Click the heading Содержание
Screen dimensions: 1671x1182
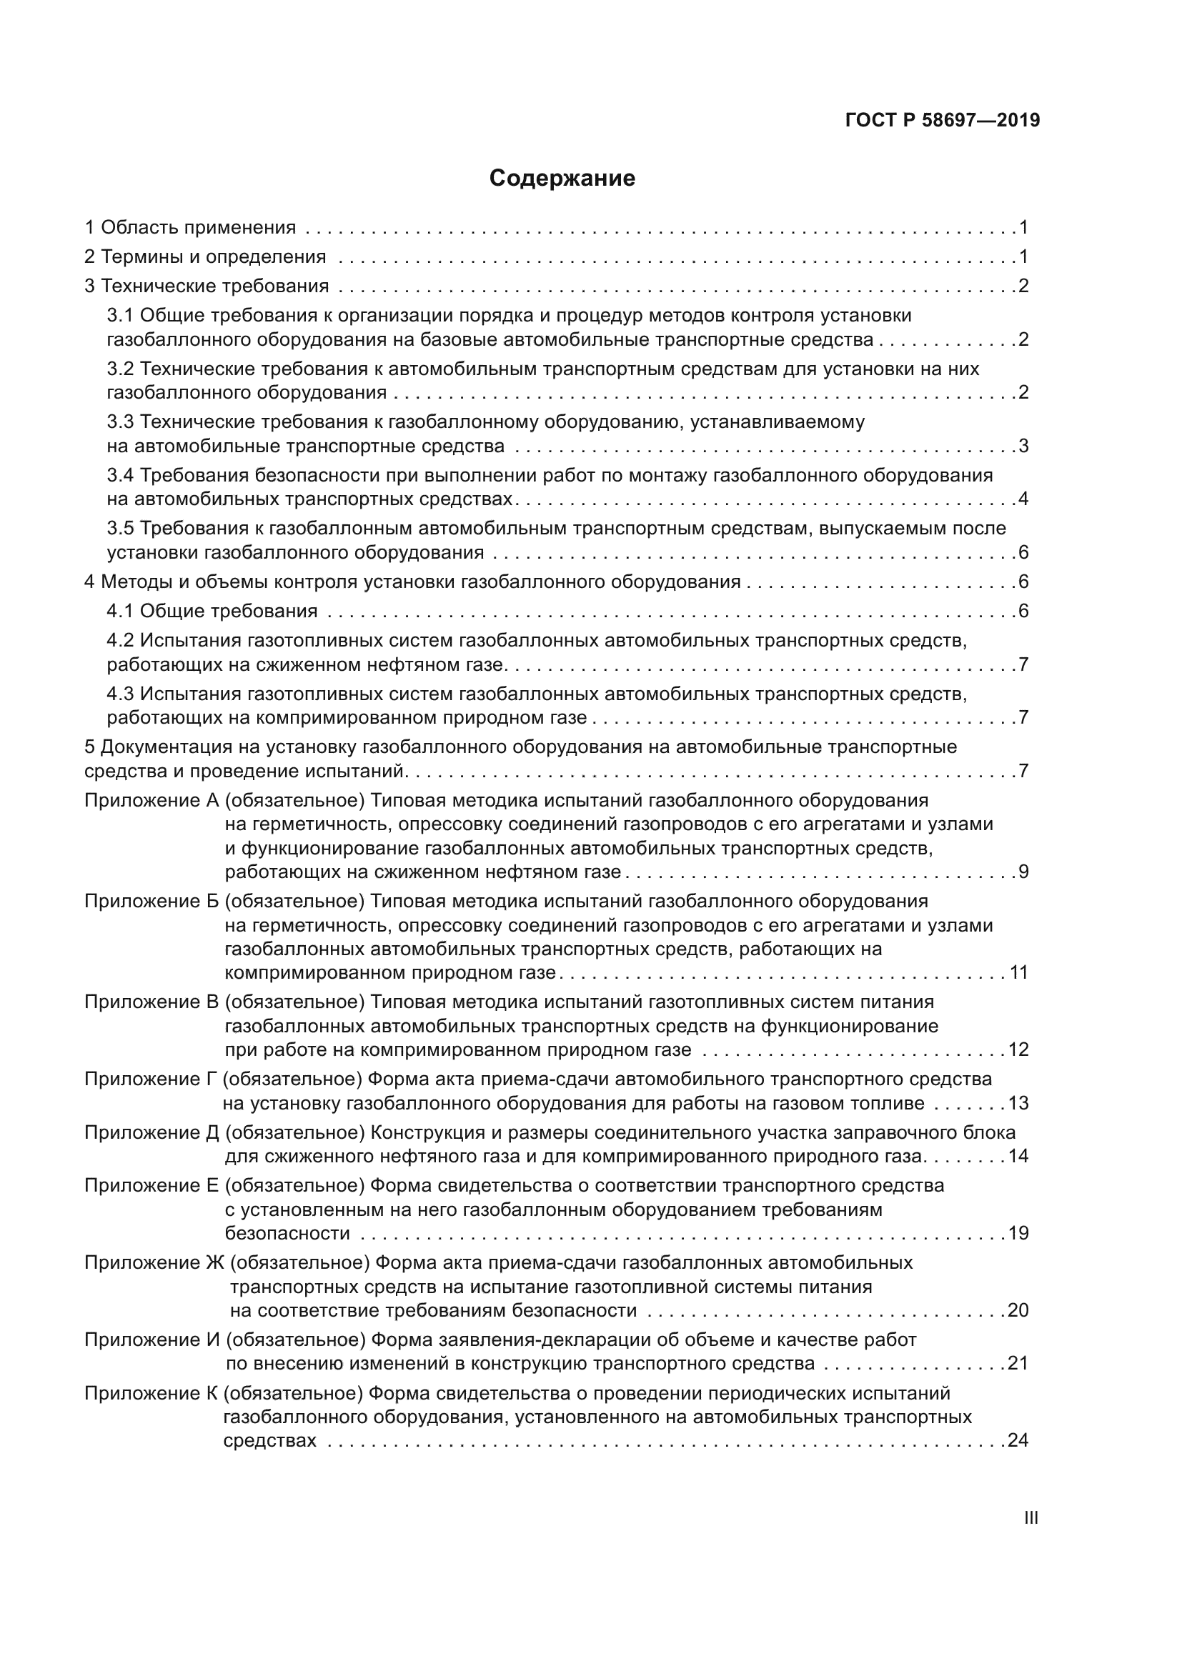point(562,179)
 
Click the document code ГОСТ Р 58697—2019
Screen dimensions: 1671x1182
point(943,121)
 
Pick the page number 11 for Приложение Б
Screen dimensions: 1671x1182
point(1019,973)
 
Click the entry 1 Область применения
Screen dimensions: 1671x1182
point(190,228)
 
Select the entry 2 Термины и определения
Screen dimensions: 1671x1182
point(205,257)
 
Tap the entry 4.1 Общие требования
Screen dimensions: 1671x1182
point(212,611)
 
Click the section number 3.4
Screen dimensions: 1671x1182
point(120,475)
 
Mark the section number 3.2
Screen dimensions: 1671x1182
point(120,369)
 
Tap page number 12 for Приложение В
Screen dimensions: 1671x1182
point(1018,1050)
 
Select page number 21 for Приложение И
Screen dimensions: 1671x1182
point(1018,1363)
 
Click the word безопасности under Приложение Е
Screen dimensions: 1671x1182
point(287,1234)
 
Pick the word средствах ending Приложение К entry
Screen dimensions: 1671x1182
point(269,1441)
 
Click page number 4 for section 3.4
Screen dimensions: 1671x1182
point(1023,499)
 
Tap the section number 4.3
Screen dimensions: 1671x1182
point(120,694)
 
